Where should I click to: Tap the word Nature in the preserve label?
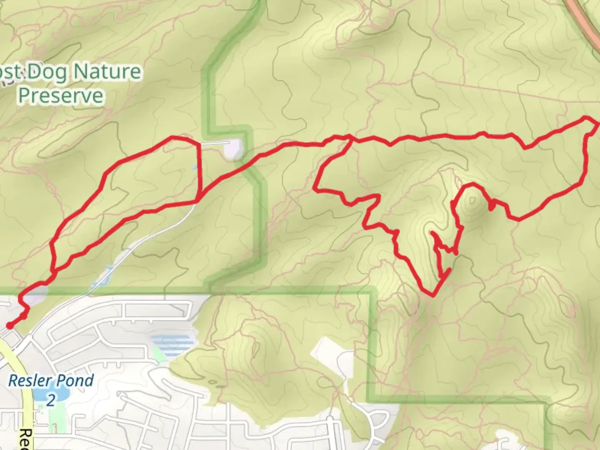tap(107, 72)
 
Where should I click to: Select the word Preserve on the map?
tap(61, 96)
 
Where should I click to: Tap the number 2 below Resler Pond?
tap(50, 400)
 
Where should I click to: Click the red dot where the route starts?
tap(9, 326)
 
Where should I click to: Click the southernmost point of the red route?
tap(433, 295)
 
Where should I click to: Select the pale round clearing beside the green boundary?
tap(233, 149)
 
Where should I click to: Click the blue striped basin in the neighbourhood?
tap(172, 344)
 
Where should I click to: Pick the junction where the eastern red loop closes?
tap(351, 138)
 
